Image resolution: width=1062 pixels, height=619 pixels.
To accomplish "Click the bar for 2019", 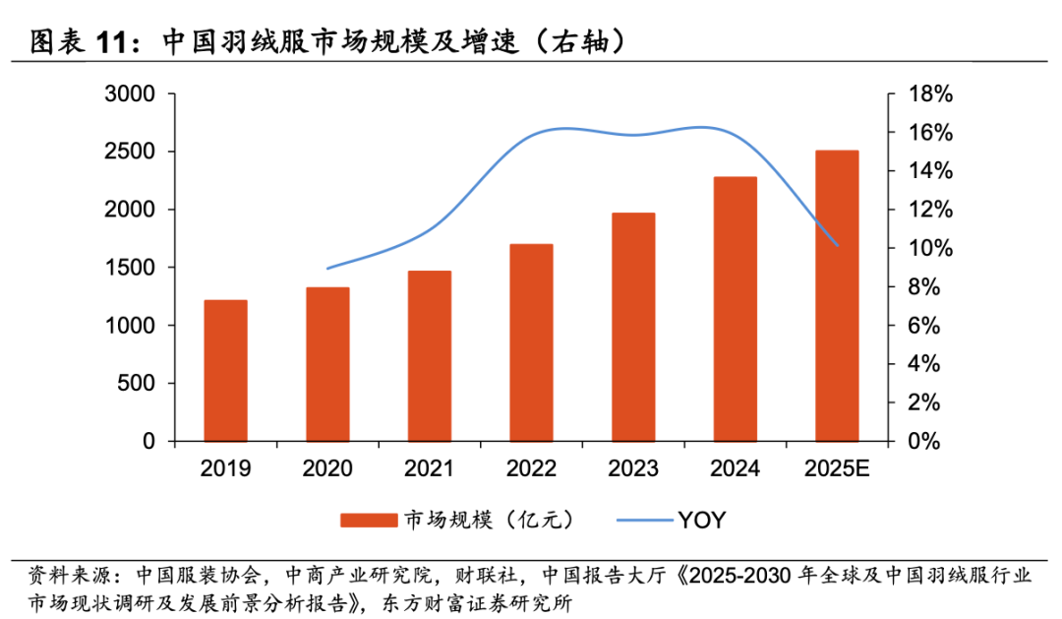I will [225, 370].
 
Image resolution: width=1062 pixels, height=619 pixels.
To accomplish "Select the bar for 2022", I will [531, 342].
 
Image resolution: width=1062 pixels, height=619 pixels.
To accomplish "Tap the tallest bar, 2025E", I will [837, 295].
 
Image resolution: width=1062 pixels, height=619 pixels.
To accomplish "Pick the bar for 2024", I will [736, 309].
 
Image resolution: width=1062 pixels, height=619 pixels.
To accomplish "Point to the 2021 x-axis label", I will [429, 468].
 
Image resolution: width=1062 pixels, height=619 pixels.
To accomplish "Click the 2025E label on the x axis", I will [837, 468].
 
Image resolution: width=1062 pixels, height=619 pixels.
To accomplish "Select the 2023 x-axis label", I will [633, 468].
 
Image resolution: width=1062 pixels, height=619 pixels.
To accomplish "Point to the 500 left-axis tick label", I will [138, 384].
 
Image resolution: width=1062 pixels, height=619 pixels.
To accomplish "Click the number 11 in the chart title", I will [117, 43].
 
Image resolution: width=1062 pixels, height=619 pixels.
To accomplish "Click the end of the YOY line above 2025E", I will [838, 245].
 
